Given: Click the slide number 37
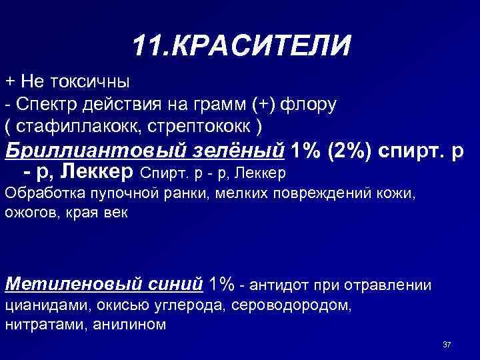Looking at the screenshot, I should (447, 345).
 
